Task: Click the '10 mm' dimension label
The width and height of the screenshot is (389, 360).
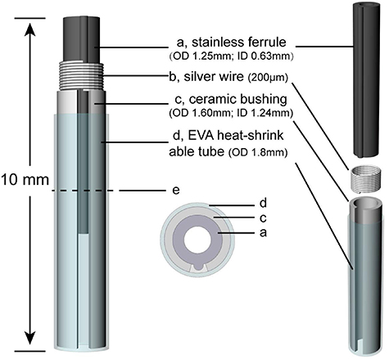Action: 24,177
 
